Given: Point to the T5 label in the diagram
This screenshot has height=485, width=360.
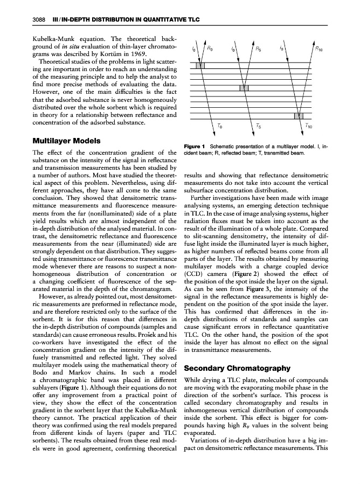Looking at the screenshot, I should click(x=260, y=127).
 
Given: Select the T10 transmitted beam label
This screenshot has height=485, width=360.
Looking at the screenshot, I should click(x=308, y=127).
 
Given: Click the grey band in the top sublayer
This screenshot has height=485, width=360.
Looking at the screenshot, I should click(x=200, y=66).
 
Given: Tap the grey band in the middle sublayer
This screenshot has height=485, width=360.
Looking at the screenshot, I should click(x=244, y=87).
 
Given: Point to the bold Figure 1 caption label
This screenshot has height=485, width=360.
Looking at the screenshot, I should click(x=195, y=146).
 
